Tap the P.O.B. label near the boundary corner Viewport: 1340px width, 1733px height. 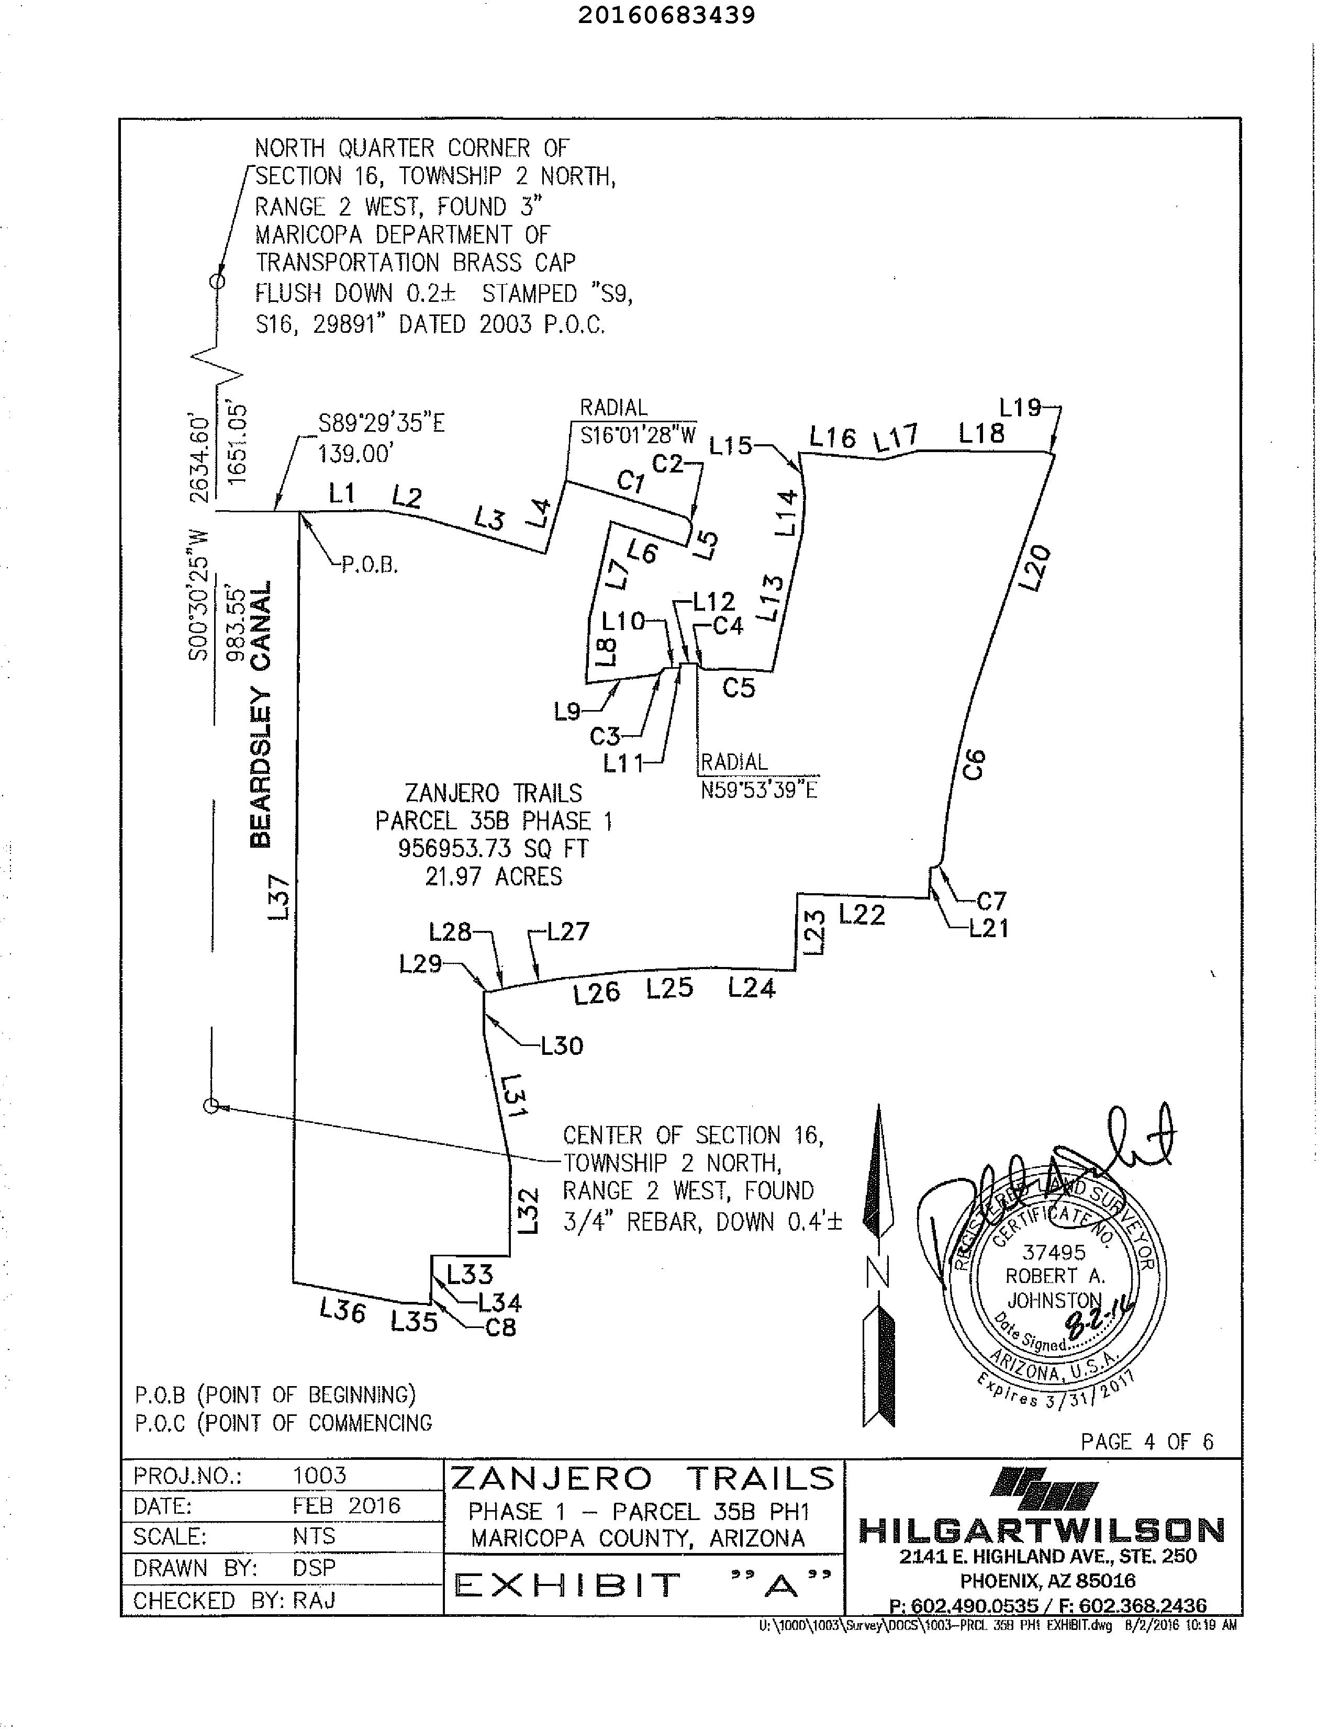(x=370, y=565)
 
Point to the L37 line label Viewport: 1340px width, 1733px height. (x=280, y=897)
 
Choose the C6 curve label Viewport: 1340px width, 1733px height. (x=974, y=763)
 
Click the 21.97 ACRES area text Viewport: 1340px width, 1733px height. (x=493, y=877)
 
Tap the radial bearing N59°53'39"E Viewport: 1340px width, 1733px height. (x=759, y=790)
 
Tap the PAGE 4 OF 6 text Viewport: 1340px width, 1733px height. (x=1146, y=1442)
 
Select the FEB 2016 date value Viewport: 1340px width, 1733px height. (x=346, y=1506)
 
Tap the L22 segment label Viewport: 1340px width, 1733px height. (x=861, y=915)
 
